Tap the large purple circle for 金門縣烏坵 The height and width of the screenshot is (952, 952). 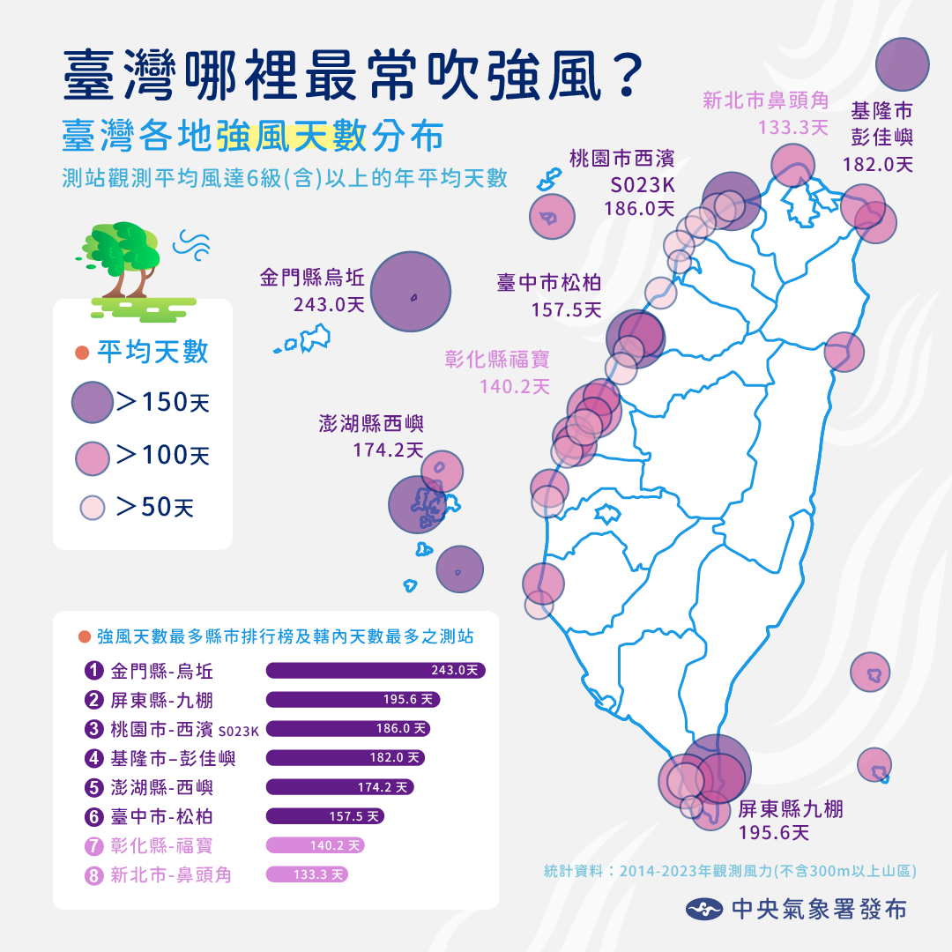pos(411,292)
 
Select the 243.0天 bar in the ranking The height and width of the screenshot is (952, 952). pos(376,671)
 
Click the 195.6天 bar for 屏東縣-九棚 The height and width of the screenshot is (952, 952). pos(353,700)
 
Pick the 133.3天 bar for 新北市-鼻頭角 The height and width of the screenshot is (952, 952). pos(307,874)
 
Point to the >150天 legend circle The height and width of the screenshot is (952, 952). pos(92,403)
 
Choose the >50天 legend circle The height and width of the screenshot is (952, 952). pos(93,508)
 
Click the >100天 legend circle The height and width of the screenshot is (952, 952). pos(92,457)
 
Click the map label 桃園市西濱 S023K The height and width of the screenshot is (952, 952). pos(621,183)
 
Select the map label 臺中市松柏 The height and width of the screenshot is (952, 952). pos(549,295)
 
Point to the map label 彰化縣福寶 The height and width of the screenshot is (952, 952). pos(497,372)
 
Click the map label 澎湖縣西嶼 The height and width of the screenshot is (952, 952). pos(371,436)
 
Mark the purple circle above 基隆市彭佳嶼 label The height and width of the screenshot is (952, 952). pos(904,64)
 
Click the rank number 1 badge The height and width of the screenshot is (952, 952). pos(94,671)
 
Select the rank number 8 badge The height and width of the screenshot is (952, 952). pos(94,874)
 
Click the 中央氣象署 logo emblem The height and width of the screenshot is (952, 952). pos(704,909)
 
